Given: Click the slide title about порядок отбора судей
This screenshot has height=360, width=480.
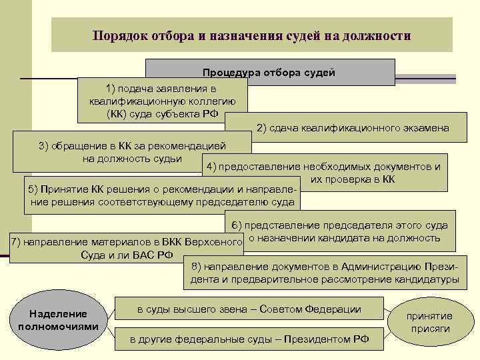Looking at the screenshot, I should [251, 35].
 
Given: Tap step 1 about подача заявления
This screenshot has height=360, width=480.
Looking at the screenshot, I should [161, 101].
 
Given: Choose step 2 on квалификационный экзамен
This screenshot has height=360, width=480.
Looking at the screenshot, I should [353, 128].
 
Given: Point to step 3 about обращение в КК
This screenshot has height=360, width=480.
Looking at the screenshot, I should [132, 152].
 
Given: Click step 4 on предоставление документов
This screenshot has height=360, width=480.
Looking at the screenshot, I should [323, 173].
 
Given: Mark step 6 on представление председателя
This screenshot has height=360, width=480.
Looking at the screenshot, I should [344, 231].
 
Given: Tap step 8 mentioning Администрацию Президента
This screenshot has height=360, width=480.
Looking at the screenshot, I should [324, 273].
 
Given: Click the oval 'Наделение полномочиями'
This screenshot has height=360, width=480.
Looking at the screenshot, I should [59, 320].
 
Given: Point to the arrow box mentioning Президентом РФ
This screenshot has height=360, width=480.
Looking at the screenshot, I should [249, 339].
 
